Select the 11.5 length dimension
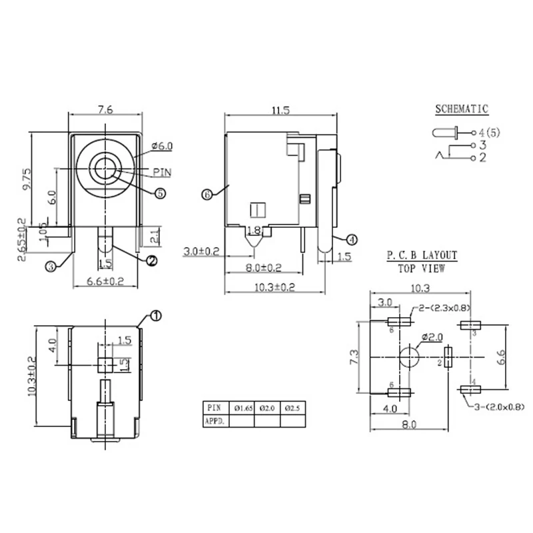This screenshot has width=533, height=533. [280, 110]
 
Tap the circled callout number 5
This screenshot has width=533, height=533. [160, 193]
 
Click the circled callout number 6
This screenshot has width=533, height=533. [207, 195]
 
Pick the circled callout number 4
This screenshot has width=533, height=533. [352, 239]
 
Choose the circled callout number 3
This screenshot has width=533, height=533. [51, 266]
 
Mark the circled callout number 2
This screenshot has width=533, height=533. [151, 261]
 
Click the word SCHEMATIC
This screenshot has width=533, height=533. [462, 109]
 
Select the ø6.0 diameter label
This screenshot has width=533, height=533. [162, 146]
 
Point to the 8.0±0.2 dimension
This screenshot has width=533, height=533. [263, 268]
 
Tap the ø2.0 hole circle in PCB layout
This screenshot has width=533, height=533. [410, 358]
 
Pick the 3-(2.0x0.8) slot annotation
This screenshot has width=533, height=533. [496, 406]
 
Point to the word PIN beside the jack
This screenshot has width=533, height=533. [162, 172]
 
